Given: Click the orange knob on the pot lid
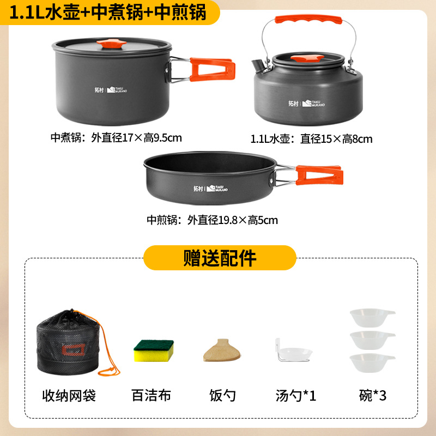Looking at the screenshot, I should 114,44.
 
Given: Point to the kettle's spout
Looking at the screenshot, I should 258,65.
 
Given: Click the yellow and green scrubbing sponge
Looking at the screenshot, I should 154,350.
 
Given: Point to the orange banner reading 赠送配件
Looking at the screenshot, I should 219,258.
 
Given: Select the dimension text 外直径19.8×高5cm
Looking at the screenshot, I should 232,220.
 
